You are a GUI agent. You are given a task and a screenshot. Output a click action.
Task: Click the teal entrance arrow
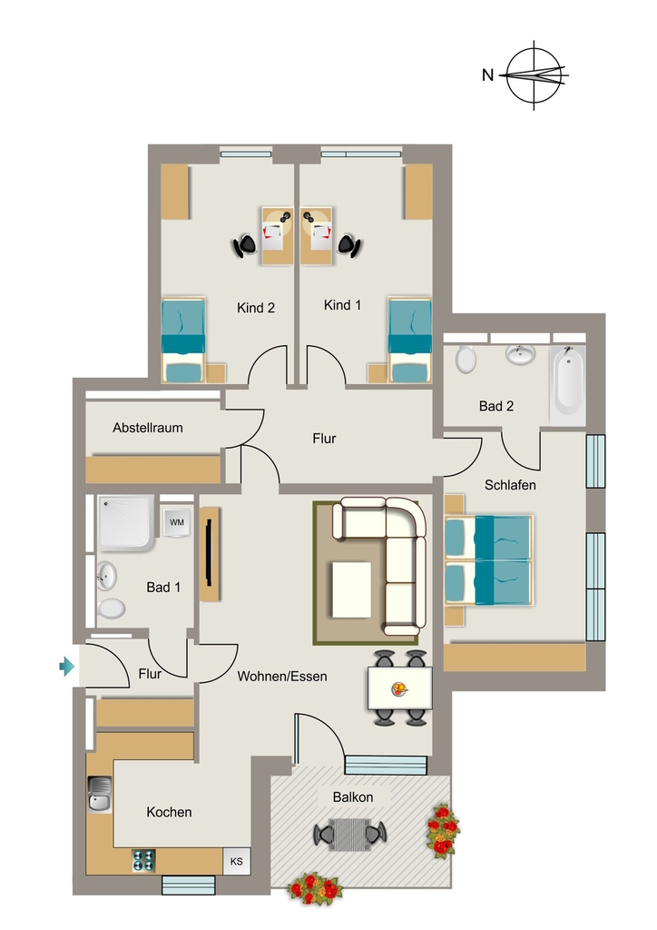[67, 667]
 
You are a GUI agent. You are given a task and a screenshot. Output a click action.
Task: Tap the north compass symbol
[534, 75]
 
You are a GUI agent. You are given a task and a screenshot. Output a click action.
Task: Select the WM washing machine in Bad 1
[177, 522]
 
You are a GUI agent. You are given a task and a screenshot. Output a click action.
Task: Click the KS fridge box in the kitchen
[236, 861]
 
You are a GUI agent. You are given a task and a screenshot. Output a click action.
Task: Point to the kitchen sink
[99, 794]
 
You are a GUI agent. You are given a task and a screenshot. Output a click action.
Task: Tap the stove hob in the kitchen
[144, 861]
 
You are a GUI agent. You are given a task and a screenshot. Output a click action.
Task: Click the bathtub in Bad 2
[569, 382]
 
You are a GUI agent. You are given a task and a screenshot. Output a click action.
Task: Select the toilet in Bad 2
[466, 359]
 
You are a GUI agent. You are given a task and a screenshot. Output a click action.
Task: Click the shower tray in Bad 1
[127, 523]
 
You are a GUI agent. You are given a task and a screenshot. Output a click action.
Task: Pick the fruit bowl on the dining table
[400, 688]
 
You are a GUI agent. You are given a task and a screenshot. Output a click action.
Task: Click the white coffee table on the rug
[352, 589]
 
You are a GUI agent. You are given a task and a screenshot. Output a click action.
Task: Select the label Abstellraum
[148, 428]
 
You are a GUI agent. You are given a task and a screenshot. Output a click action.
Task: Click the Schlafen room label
[510, 485]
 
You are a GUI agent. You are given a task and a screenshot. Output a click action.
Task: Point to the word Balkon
[353, 797]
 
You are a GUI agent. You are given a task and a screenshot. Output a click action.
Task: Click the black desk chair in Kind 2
[245, 244]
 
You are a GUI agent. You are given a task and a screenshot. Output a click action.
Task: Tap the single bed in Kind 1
[410, 341]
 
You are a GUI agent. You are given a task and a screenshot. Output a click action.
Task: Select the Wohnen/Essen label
[282, 676]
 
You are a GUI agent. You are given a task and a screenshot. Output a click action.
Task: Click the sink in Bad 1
[106, 576]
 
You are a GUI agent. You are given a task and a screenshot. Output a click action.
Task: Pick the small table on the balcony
[349, 834]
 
